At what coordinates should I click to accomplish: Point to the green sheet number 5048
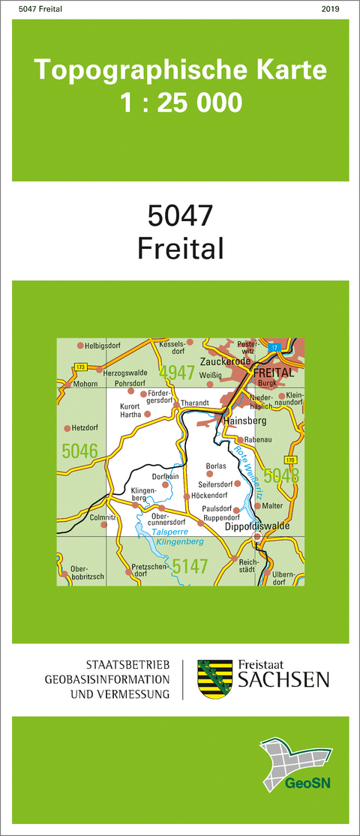coord(281,475)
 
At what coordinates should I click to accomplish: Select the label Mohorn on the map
coord(87,384)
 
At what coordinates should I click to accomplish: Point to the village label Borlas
coord(216,466)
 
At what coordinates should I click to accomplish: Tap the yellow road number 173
coord(81,366)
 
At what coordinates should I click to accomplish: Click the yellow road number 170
coord(290,459)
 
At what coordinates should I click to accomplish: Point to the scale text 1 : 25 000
coord(181,102)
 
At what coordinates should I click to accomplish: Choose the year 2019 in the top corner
coord(330,9)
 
